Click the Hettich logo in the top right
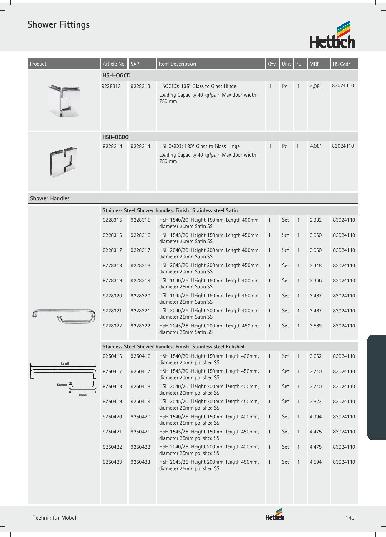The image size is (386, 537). pos(332,34)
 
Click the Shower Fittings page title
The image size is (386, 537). pos(58,25)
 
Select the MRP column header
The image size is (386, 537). pos(314,64)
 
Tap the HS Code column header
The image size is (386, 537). pos(342,64)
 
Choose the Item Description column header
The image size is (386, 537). pos(177,64)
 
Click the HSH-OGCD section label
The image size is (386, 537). pos(116,76)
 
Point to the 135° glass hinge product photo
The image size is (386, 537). pos(64,101)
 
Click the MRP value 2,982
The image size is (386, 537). pos(316,220)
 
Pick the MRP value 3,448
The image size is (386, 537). pos(316,265)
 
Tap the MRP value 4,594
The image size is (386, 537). pos(316,462)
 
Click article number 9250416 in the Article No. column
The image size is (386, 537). pos(112,356)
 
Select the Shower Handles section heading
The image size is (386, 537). pos(50,199)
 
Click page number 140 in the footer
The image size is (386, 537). pos(350,518)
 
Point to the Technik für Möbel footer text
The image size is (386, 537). pos(54,518)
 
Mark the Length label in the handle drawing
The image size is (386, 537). pos(65,363)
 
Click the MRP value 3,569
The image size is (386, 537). pos(316,326)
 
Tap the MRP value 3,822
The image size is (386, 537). pos(316,402)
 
